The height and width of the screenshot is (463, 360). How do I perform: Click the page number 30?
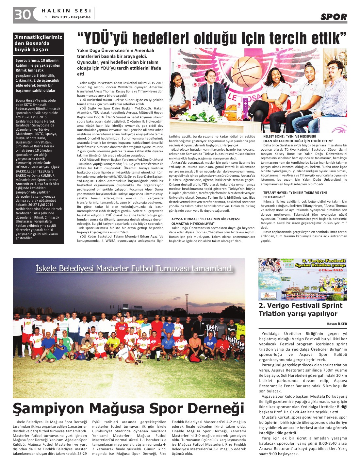(x=22, y=14)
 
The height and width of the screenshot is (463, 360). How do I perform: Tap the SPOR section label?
(x=333, y=17)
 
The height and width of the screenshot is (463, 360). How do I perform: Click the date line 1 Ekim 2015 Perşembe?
(x=68, y=17)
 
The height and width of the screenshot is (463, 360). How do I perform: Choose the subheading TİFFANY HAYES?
(x=276, y=192)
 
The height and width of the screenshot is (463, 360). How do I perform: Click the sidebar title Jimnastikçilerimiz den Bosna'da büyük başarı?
(x=38, y=43)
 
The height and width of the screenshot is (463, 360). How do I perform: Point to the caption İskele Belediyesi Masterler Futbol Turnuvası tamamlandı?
(x=134, y=268)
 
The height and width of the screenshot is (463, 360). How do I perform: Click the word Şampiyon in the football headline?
(x=48, y=408)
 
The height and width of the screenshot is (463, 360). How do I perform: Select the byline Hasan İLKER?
(x=336, y=324)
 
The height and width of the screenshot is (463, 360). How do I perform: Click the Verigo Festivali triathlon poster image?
(x=303, y=279)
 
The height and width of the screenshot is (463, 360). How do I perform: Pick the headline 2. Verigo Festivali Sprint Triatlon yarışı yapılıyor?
(x=300, y=309)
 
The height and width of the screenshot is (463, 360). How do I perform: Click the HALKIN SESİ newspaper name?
(x=66, y=11)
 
